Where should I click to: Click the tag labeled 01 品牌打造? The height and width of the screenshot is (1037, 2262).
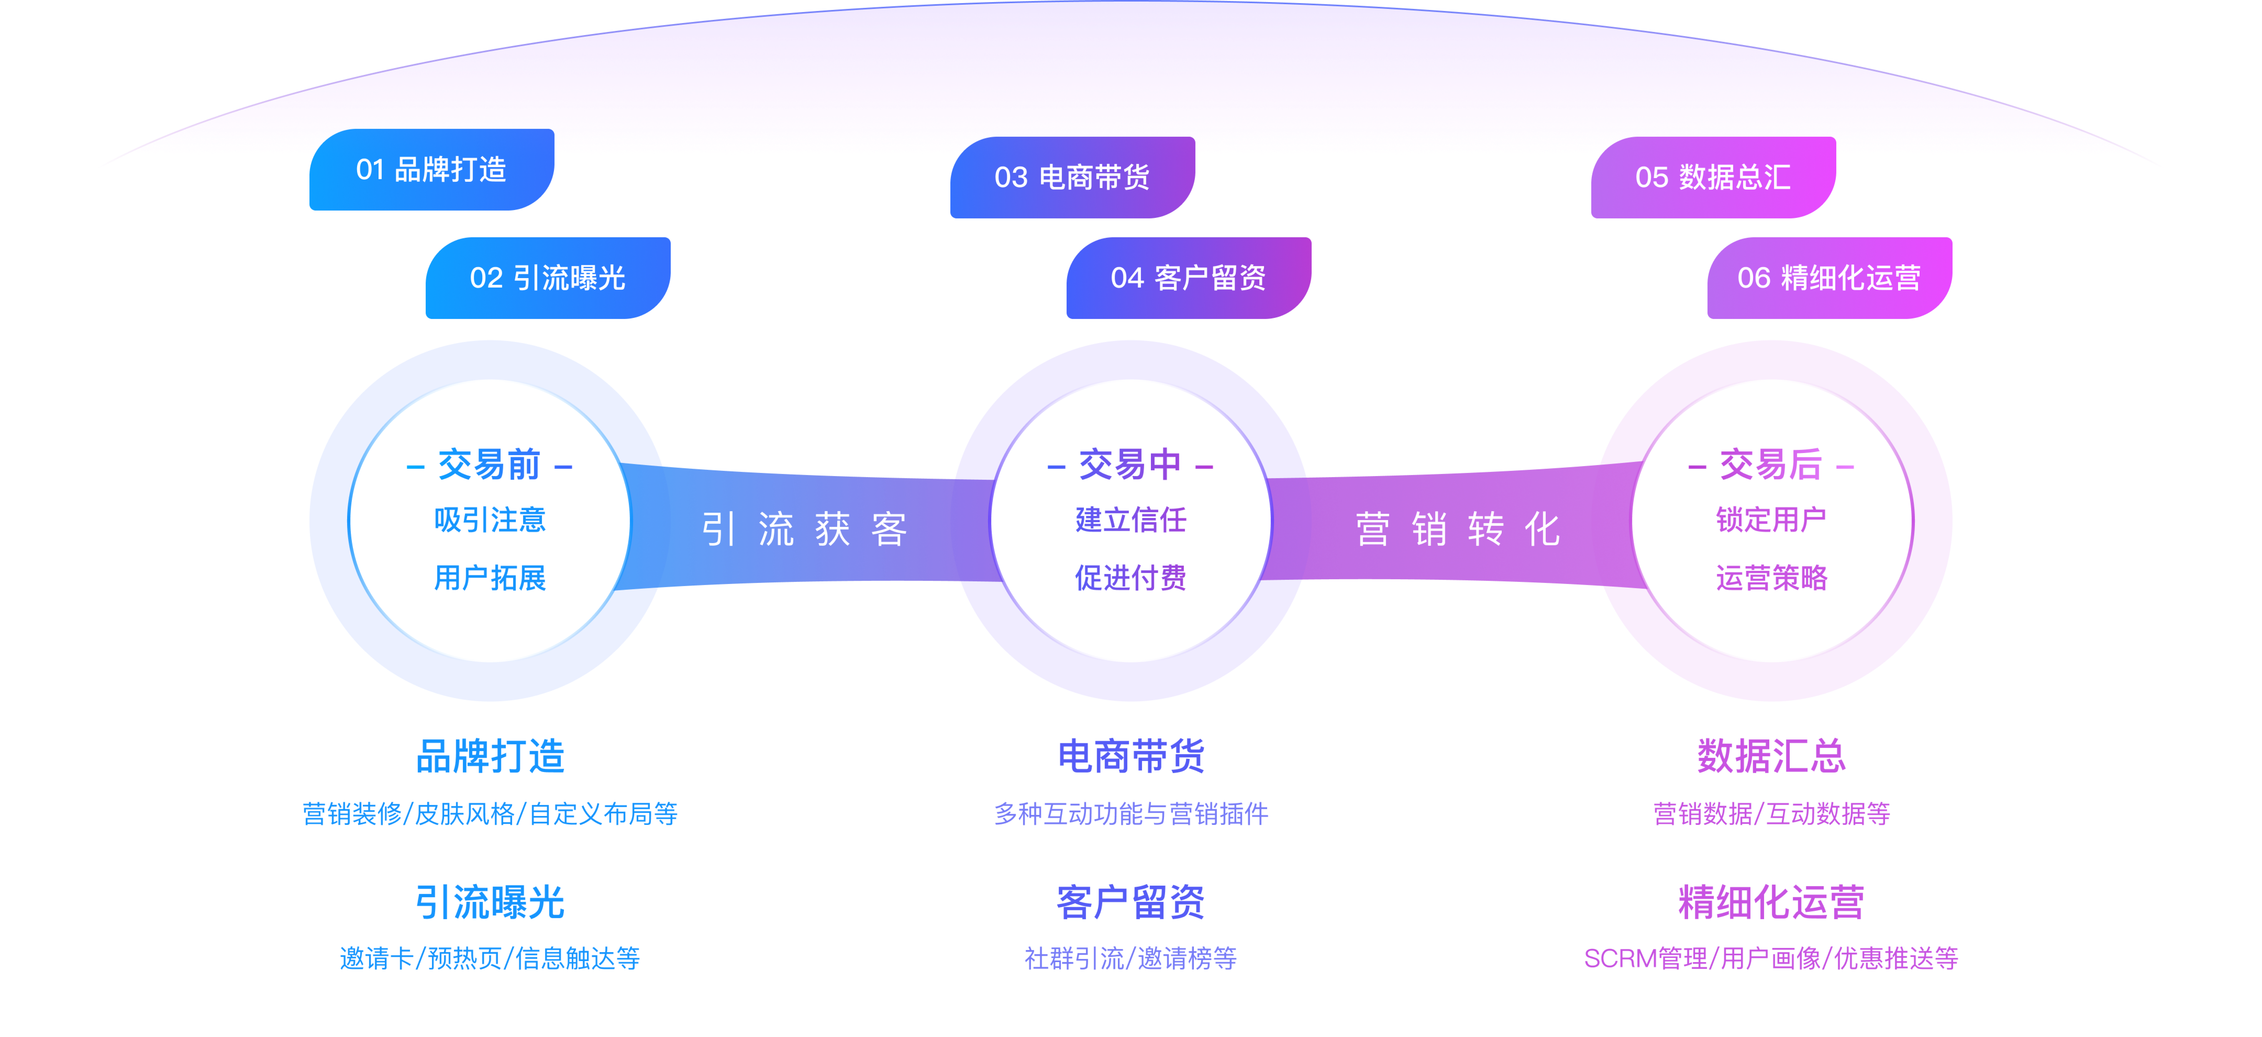[x=431, y=169]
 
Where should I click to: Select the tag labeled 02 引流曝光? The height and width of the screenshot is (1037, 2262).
[x=547, y=278]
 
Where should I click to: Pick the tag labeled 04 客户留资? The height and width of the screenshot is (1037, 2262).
[x=1188, y=278]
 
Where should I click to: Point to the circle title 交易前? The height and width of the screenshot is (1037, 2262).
[x=489, y=465]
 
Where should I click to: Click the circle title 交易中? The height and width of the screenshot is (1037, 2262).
[x=1130, y=465]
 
